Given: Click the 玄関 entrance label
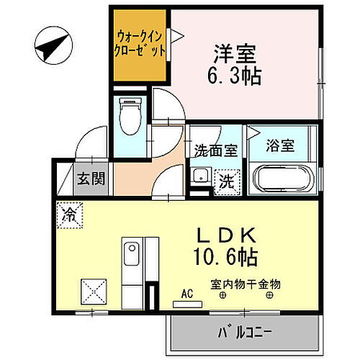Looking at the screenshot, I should tap(92, 178).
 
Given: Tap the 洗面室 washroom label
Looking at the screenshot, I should tap(215, 150).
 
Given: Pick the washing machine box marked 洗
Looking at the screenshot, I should tap(225, 180).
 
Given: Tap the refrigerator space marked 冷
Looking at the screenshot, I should tap(70, 214).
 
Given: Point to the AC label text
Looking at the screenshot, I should tap(187, 294).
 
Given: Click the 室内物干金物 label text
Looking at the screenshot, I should tap(246, 284).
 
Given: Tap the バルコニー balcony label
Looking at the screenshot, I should tap(243, 333).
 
